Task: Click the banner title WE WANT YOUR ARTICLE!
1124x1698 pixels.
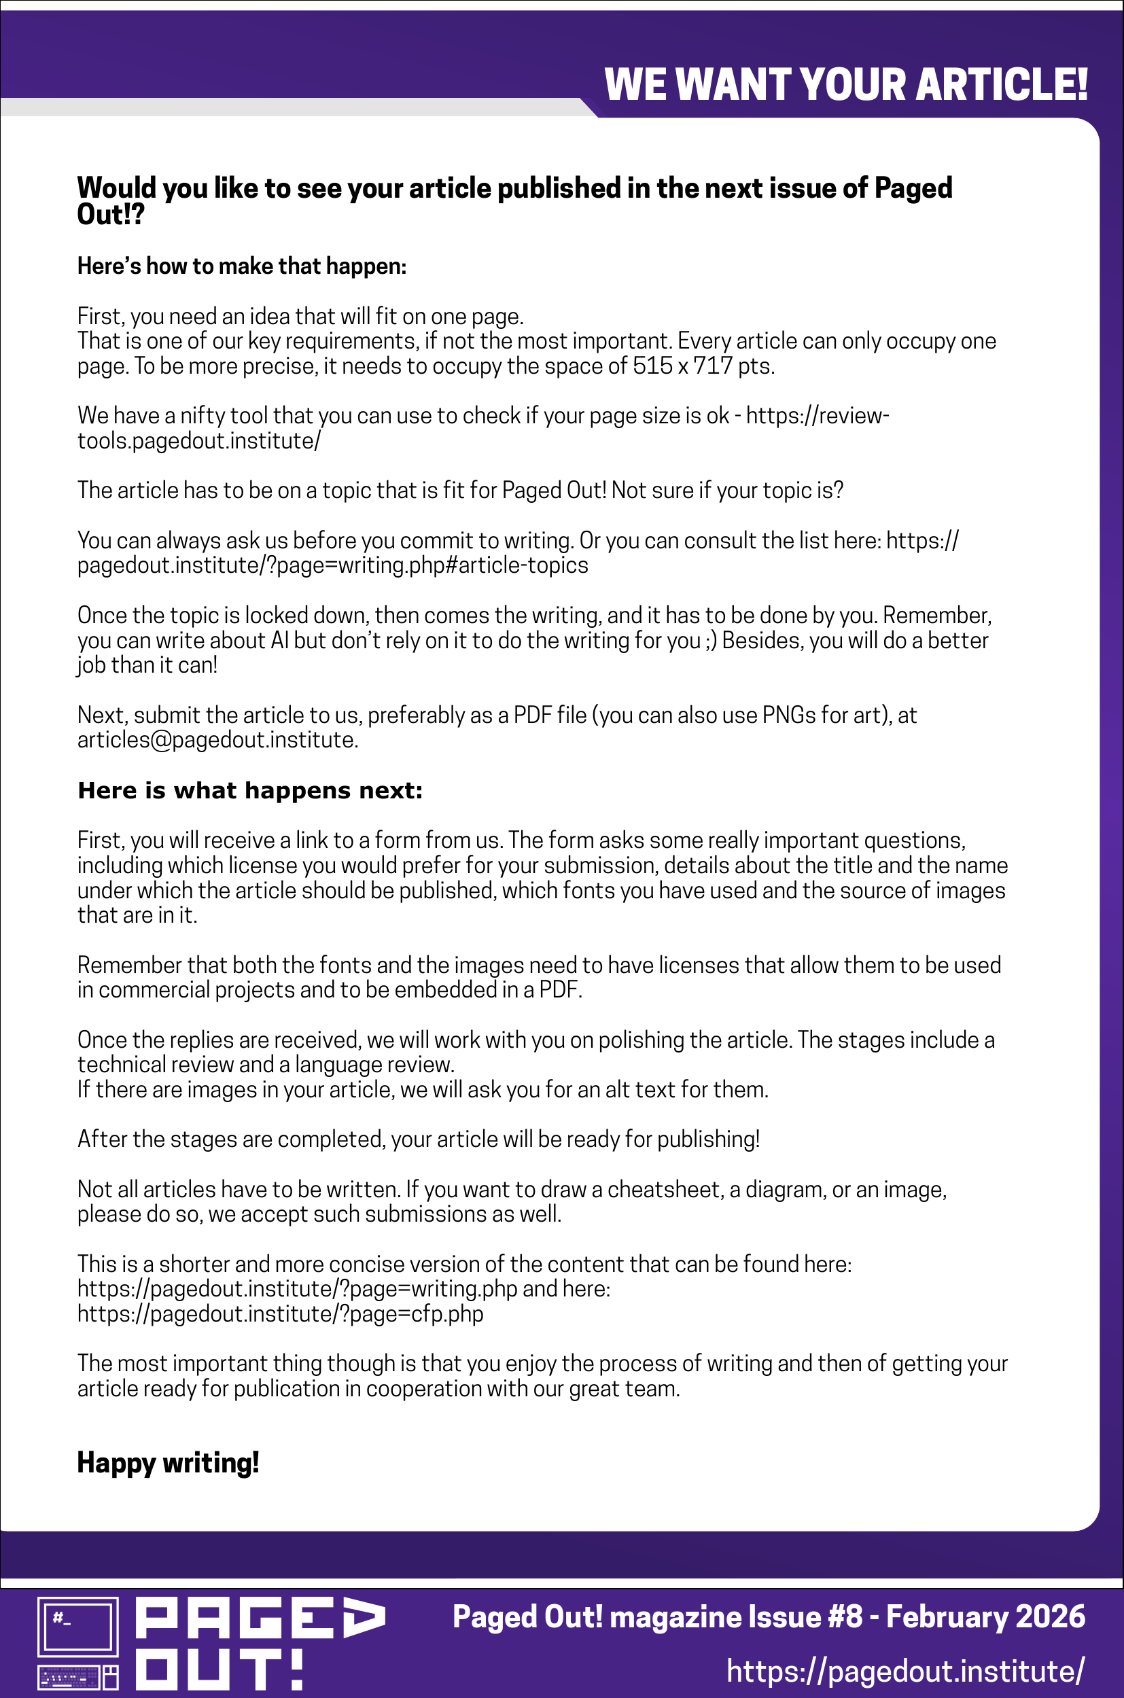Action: coord(846,84)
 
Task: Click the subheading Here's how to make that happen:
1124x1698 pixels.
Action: coord(241,266)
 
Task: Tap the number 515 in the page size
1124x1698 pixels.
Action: coord(652,366)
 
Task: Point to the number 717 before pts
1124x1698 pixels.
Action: coord(713,366)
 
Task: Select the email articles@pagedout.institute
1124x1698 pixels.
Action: coord(217,740)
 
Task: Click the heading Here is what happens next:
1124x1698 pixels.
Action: coord(250,791)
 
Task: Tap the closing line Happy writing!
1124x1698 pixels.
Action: coord(168,1462)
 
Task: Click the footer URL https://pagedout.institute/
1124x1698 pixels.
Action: coord(905,1672)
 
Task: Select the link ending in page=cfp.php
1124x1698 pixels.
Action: coord(280,1314)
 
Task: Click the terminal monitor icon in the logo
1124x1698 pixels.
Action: coord(77,1625)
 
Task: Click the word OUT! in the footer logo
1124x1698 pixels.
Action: coord(219,1670)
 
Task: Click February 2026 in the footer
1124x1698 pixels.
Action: coord(985,1617)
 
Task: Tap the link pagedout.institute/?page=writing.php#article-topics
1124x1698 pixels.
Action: coord(332,565)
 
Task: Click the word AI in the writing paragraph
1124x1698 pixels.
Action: coord(279,640)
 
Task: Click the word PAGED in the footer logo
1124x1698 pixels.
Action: coord(260,1618)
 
